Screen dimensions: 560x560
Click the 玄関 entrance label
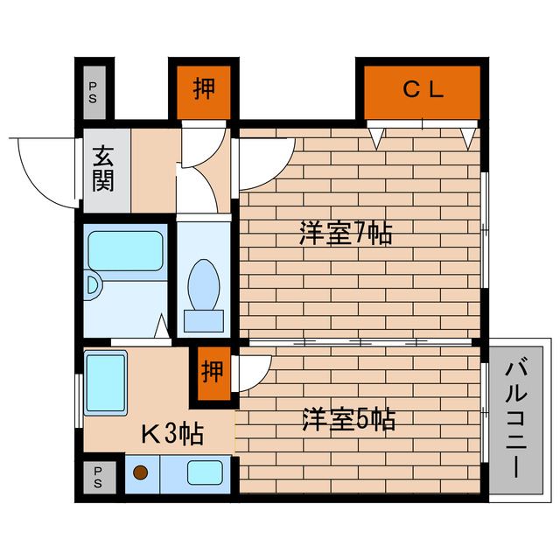[104, 171]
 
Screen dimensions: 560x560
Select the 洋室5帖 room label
[348, 420]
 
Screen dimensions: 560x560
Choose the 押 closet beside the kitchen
[212, 373]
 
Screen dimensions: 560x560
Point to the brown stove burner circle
[141, 474]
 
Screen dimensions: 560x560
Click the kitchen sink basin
[206, 473]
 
